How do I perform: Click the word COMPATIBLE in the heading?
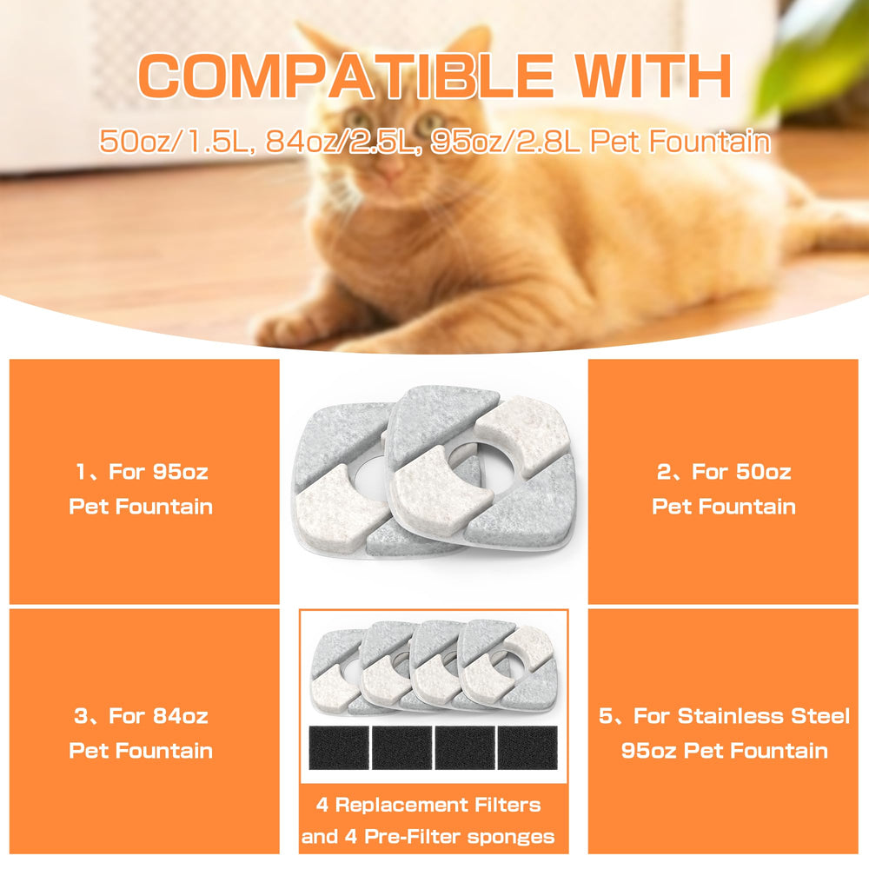tap(345, 76)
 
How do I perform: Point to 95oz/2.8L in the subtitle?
tap(506, 142)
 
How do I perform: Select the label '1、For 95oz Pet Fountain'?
tap(141, 488)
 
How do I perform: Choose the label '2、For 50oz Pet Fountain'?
tap(724, 488)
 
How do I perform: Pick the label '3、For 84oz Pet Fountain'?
tap(141, 733)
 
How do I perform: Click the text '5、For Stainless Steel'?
tap(724, 715)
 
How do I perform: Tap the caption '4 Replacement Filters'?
tap(428, 805)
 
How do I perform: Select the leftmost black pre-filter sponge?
tap(339, 747)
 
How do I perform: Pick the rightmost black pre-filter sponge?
tap(527, 747)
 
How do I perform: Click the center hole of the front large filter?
tap(481, 469)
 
